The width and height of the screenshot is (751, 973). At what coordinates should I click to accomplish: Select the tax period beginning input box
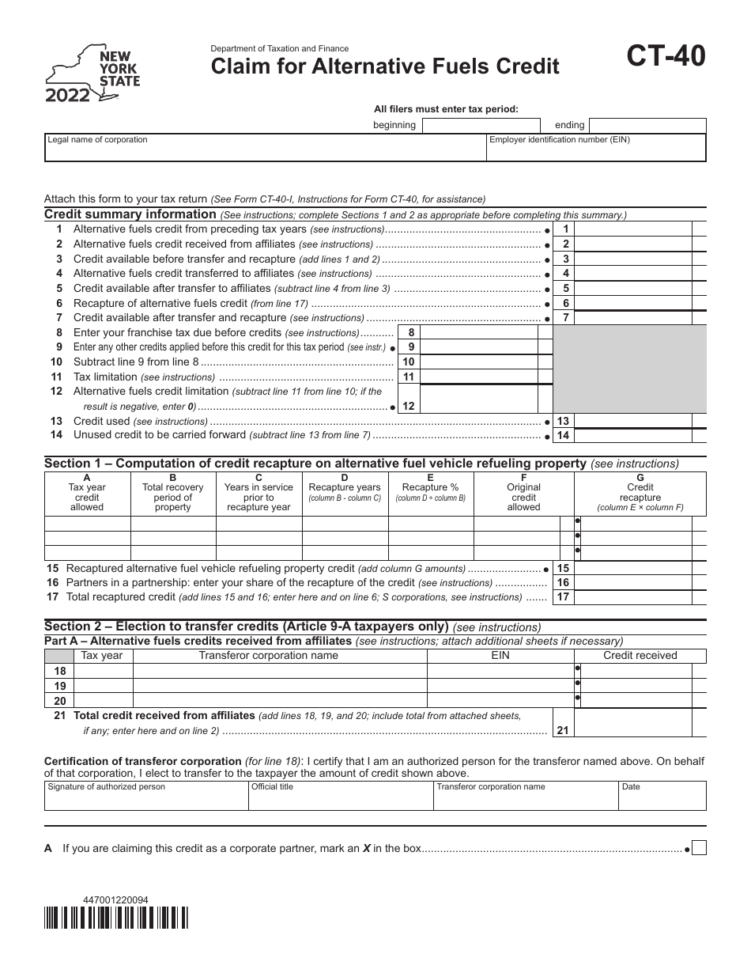coord(481,125)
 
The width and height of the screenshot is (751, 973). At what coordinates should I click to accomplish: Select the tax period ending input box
coord(647,125)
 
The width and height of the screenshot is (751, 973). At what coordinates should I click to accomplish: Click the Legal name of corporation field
coord(265,148)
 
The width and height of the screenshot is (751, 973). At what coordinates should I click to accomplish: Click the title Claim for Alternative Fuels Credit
coord(384,66)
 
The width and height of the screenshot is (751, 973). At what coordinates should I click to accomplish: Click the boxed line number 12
coord(409,406)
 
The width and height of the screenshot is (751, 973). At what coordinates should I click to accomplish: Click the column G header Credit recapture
coord(640,492)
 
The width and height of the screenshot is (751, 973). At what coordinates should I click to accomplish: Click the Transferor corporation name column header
coord(268,655)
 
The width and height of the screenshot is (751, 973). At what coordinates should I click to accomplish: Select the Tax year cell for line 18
coord(103,671)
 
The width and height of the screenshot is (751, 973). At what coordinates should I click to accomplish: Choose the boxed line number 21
coord(562,730)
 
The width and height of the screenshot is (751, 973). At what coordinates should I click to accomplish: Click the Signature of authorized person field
coord(146,796)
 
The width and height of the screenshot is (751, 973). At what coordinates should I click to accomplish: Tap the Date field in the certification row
coord(662,796)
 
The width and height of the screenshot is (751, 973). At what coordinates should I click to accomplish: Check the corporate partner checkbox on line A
coord(699,849)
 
